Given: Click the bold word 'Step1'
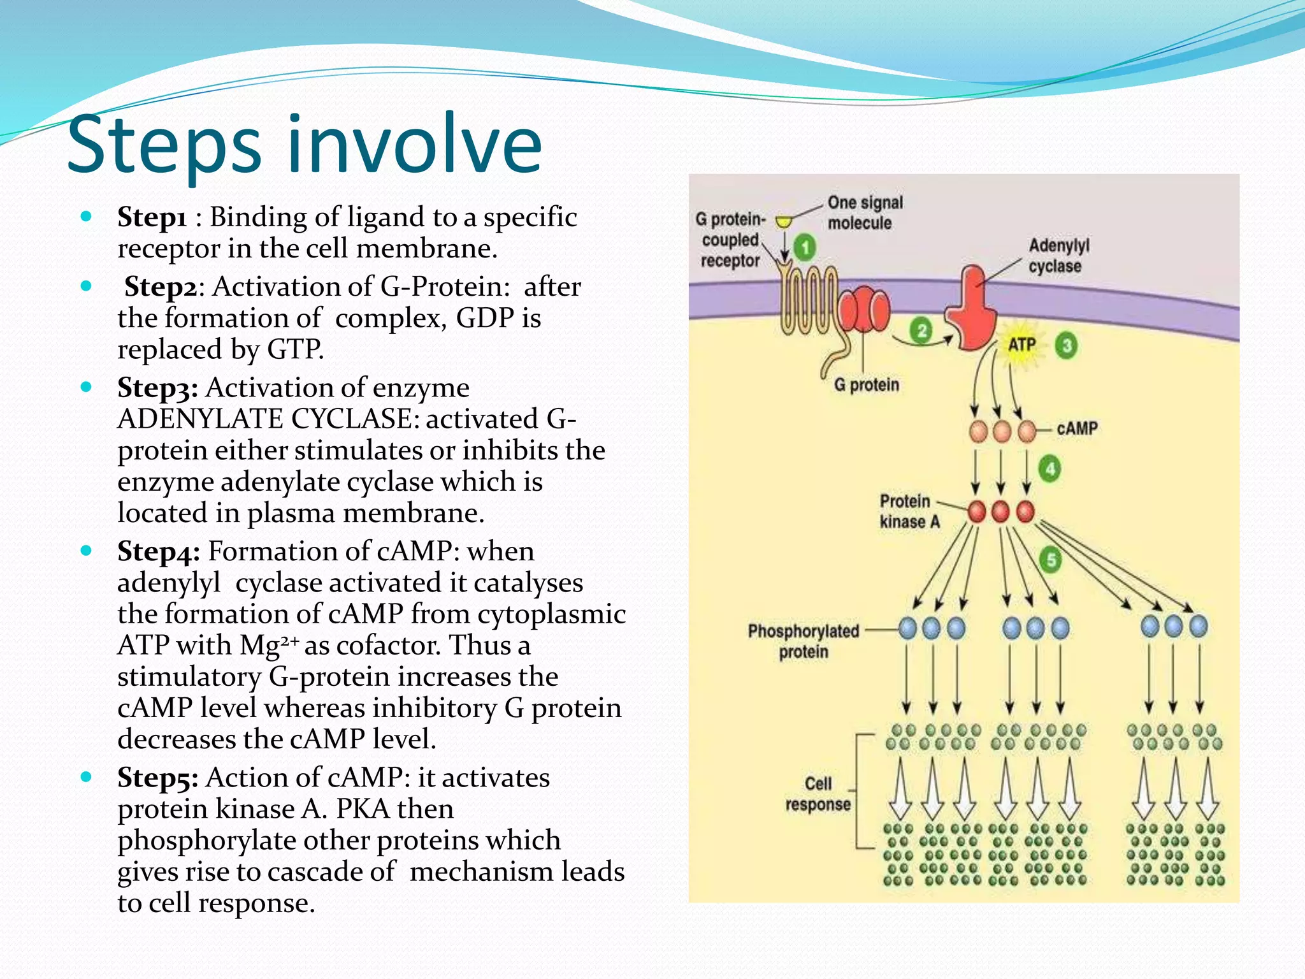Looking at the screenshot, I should [x=152, y=218].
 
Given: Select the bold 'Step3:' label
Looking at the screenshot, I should [x=157, y=388].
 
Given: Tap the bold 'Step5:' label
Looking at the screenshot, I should [x=157, y=778].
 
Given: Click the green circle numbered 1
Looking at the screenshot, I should [x=805, y=247].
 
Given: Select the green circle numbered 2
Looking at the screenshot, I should [x=921, y=330].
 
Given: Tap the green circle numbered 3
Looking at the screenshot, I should [x=1066, y=345].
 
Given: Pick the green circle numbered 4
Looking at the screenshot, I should [x=1050, y=470].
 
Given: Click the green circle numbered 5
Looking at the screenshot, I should [x=1050, y=560].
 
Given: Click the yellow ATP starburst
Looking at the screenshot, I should [x=1021, y=345].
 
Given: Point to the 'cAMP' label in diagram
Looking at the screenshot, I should [x=1077, y=428].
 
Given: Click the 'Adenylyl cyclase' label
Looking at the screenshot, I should [x=1058, y=256].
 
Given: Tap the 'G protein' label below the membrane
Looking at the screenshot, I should [x=867, y=385].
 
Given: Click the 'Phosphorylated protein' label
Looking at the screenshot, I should [x=803, y=641].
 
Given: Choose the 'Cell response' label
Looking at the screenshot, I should [x=818, y=794].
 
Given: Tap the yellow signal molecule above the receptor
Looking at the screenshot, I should [x=784, y=222].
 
